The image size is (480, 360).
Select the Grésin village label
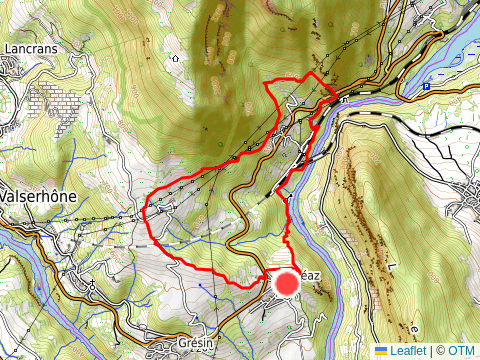[x=195, y=343]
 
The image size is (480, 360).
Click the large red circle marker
[x=287, y=283]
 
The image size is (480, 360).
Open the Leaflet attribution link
[x=408, y=351]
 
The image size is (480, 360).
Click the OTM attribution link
[x=461, y=351]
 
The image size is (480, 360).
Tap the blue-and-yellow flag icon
[x=381, y=351]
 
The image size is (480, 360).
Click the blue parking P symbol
[x=426, y=86]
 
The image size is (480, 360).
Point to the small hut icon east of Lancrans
[x=176, y=57]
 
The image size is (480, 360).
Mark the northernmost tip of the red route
[x=313, y=73]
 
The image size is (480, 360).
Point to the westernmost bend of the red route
[x=147, y=210]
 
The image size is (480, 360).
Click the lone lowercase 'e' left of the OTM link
[x=412, y=327]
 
